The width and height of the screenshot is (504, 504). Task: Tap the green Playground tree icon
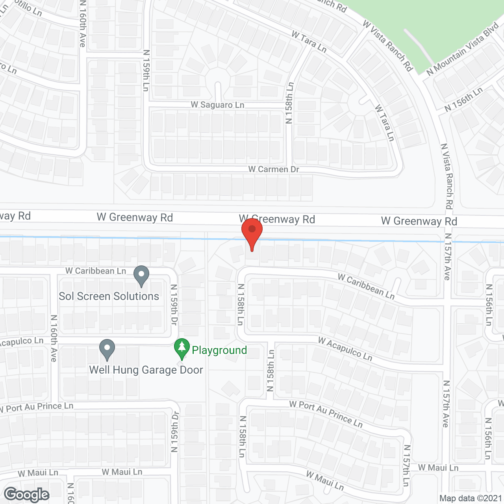click(182, 348)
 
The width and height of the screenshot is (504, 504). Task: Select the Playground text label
click(219, 350)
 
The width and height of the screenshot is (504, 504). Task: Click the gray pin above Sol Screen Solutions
click(141, 275)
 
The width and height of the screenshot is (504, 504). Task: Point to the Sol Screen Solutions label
click(109, 296)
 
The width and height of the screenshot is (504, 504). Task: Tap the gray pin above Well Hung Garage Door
click(107, 349)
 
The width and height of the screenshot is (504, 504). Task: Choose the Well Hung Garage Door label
click(146, 370)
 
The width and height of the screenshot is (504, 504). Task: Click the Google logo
click(27, 495)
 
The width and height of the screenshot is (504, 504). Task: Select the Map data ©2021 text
click(471, 498)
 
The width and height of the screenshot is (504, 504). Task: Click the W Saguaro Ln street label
click(217, 105)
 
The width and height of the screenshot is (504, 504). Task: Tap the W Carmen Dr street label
click(274, 169)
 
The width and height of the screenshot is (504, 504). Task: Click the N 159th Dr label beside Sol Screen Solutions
click(174, 305)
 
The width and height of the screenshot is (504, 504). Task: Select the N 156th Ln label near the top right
click(463, 100)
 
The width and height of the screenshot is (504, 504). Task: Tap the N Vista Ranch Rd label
click(447, 176)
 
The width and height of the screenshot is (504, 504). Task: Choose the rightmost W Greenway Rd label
click(419, 221)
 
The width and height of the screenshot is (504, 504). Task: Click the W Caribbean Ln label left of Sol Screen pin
click(96, 271)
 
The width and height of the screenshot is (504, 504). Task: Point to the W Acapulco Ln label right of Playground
click(345, 349)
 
